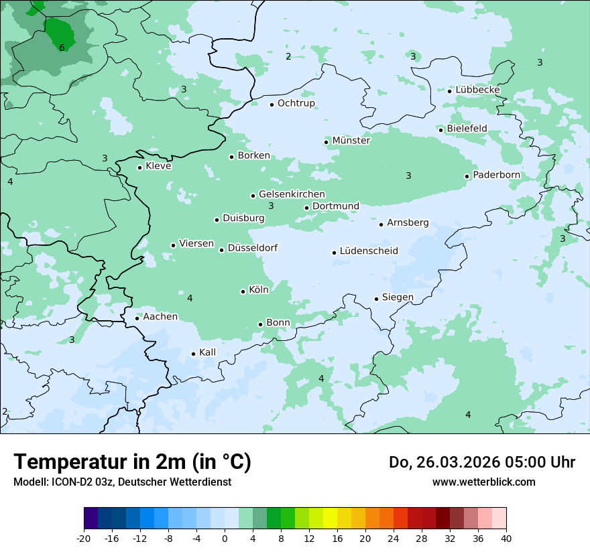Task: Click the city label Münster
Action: point(351,141)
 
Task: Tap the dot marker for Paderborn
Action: point(467,176)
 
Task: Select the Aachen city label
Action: point(160,317)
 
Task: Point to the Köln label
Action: point(258,290)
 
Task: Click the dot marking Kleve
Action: point(139,167)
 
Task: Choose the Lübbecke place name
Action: point(477,90)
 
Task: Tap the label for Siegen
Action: point(398,297)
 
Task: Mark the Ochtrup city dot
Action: point(272,105)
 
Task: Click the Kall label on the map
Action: point(207,352)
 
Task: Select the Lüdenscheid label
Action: point(369,251)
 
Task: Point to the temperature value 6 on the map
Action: point(62,48)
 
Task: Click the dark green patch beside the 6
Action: point(59,30)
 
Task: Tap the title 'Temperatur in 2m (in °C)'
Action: point(132,462)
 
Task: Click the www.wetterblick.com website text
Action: point(483,482)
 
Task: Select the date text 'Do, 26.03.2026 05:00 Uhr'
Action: point(481,462)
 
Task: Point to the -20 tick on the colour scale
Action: point(84,539)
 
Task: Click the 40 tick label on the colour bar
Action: point(506,539)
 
